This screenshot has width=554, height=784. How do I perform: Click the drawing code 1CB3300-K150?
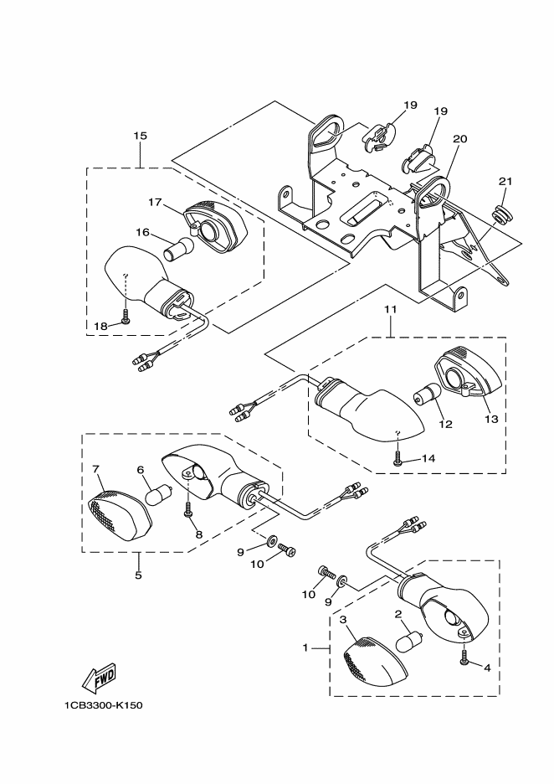104,705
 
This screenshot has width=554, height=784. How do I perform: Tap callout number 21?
505,182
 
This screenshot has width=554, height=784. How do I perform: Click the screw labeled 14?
398,458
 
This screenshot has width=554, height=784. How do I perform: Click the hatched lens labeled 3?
374,664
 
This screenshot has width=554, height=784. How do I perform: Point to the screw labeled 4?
464,657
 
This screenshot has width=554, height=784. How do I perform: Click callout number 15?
141,136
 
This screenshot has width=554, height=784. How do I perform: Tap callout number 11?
391,310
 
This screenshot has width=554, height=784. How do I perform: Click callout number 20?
460,138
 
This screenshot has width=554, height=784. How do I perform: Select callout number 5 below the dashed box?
138,575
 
